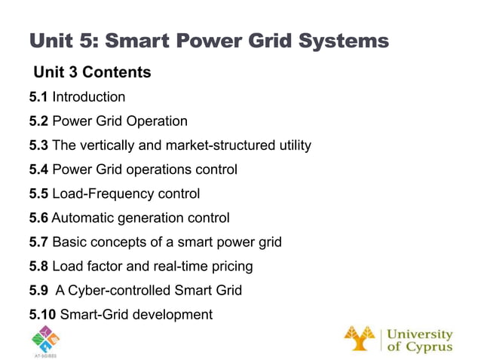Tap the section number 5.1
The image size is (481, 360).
click(x=38, y=97)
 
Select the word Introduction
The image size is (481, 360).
click(x=89, y=97)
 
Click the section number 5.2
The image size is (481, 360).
click(x=38, y=121)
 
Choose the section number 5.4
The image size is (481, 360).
click(x=38, y=169)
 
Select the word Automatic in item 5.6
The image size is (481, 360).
click(x=79, y=218)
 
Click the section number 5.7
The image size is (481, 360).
click(x=38, y=243)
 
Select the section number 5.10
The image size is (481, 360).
click(x=42, y=314)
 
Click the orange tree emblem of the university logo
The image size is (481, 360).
click(x=360, y=338)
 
